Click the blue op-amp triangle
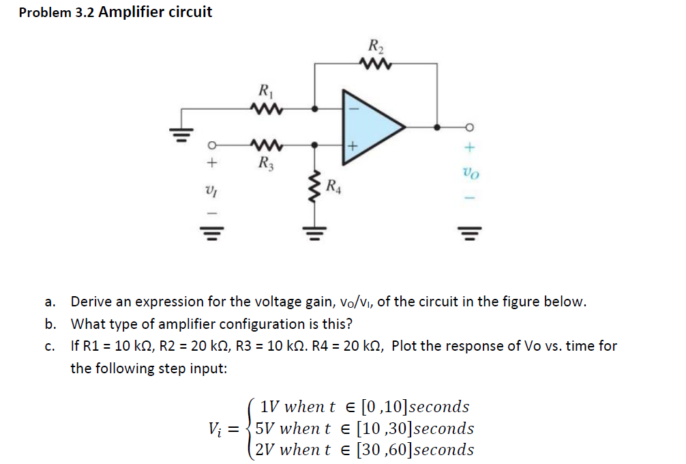coord(368,126)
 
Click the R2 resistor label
coord(376,47)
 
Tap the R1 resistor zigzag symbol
coord(263,108)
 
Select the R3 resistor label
coord(263,163)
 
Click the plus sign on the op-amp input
coord(353,145)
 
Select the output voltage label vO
coord(471,173)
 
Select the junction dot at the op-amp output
coord(437,127)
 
